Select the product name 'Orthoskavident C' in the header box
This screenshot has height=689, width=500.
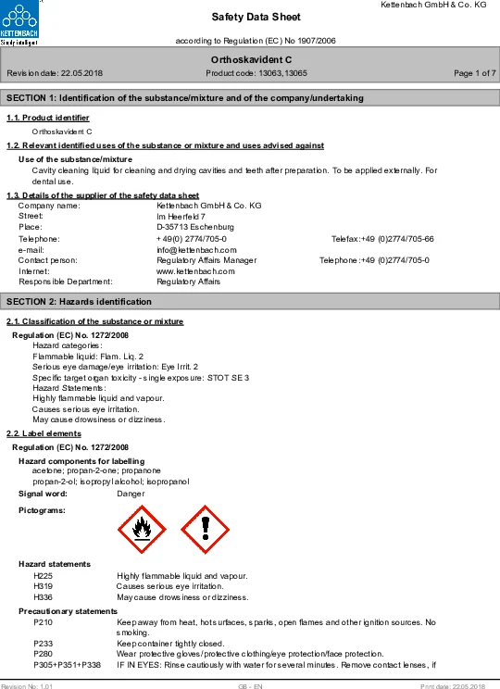pyautogui.click(x=249, y=59)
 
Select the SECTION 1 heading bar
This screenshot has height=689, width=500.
pyautogui.click(x=250, y=98)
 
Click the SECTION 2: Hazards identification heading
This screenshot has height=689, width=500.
pyautogui.click(x=250, y=302)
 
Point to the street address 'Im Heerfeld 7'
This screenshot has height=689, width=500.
pyautogui.click(x=180, y=216)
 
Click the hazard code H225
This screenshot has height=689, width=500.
pyautogui.click(x=43, y=576)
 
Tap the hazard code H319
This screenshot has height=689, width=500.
pyautogui.click(x=43, y=586)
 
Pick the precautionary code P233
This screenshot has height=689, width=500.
pyautogui.click(x=43, y=643)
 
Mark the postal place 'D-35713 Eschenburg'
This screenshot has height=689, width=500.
pyautogui.click(x=195, y=227)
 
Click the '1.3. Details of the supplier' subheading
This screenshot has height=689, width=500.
pyautogui.click(x=103, y=195)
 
